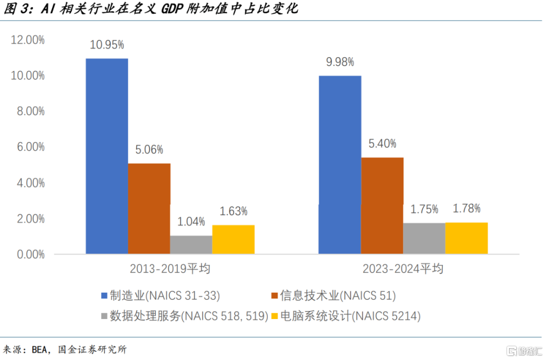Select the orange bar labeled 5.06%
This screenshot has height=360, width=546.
coord(149,208)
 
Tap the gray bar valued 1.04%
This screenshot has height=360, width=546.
coord(191,244)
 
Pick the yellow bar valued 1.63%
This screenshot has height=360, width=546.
coord(233,239)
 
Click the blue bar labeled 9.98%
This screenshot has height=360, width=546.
coord(340,164)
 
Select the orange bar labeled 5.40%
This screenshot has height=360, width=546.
coord(382,205)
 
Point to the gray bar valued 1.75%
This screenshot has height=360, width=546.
coord(424,238)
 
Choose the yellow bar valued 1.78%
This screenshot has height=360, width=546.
coord(466,238)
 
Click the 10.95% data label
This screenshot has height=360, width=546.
coord(107,45)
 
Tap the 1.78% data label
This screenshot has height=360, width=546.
coord(466,208)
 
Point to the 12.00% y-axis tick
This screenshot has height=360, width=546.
coord(28,40)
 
